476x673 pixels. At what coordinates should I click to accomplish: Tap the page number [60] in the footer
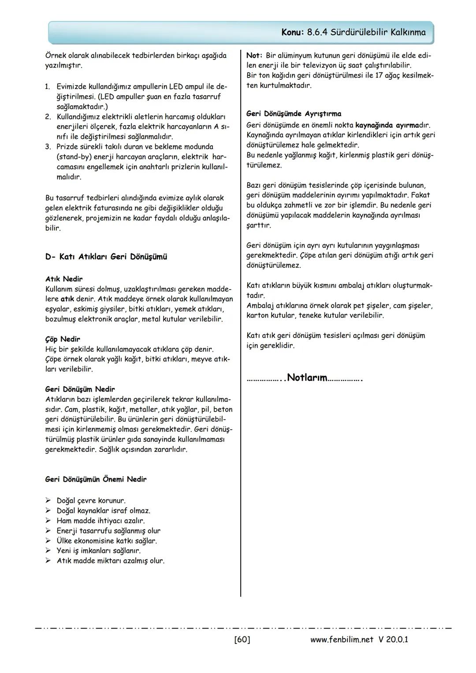pos(242,639)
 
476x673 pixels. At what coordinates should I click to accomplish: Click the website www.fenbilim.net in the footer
pos(342,639)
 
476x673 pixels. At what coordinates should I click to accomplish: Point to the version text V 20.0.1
pos(393,639)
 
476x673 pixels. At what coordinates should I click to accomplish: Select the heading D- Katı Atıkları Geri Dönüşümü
pos(106,257)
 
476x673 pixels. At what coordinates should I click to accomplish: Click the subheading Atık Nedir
pos(64,279)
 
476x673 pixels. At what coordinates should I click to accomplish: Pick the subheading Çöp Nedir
pos(63,339)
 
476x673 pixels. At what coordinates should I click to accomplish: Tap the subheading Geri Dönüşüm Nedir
pos(80,389)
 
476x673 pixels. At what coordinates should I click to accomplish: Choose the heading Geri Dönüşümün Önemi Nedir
pos(96,479)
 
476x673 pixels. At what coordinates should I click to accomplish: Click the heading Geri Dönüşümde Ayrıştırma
pos(294,114)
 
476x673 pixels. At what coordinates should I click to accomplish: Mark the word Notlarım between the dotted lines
pos(307,378)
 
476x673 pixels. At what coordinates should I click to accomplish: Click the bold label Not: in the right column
pos(254,56)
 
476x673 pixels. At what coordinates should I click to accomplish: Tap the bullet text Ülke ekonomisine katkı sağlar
pos(107,541)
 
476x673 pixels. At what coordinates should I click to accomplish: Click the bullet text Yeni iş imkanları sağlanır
pos(99,550)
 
